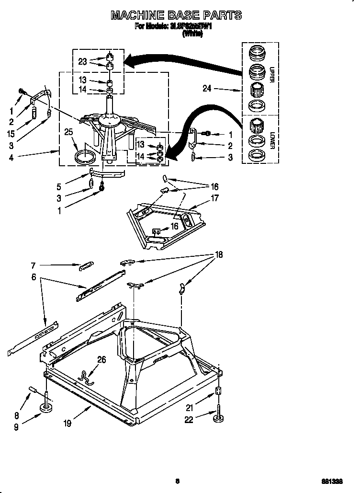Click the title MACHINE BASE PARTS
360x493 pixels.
click(x=176, y=15)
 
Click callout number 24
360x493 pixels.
click(x=206, y=89)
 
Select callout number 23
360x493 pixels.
click(x=83, y=61)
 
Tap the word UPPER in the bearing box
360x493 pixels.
click(x=271, y=75)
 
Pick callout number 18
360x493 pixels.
click(x=219, y=255)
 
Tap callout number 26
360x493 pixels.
click(x=102, y=359)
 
